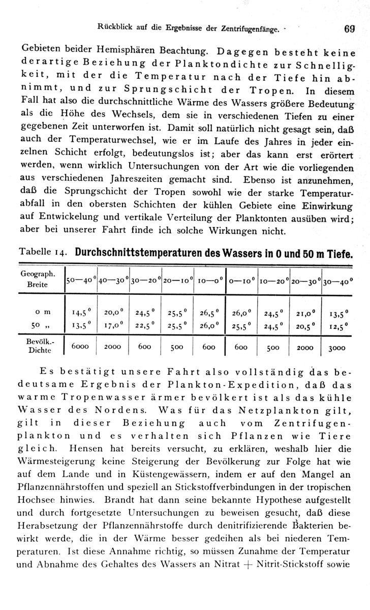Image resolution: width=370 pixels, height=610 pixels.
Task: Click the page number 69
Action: pyautogui.click(x=349, y=29)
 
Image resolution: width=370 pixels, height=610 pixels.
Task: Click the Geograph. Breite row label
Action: pyautogui.click(x=34, y=279)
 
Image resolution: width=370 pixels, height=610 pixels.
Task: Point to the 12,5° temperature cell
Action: pyautogui.click(x=338, y=325)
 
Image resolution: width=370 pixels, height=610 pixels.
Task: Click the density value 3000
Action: pyautogui.click(x=337, y=348)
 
